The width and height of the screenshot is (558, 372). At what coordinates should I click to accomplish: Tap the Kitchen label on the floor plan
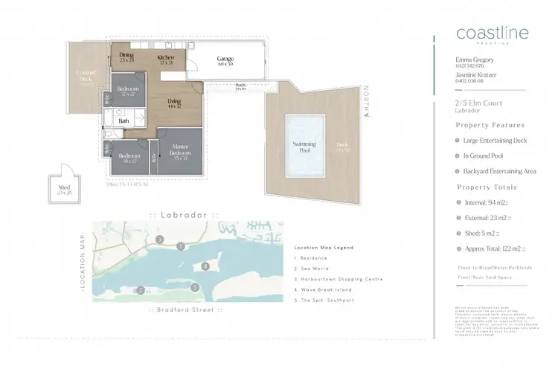166,57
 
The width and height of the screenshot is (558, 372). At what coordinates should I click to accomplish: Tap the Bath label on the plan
124,120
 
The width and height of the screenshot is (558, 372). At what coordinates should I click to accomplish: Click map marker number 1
180,246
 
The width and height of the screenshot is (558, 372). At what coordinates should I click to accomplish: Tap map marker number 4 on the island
205,266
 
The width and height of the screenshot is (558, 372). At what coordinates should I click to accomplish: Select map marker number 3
160,240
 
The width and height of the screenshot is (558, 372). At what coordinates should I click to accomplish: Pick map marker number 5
194,286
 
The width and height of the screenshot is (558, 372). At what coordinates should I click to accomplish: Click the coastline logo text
491,33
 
